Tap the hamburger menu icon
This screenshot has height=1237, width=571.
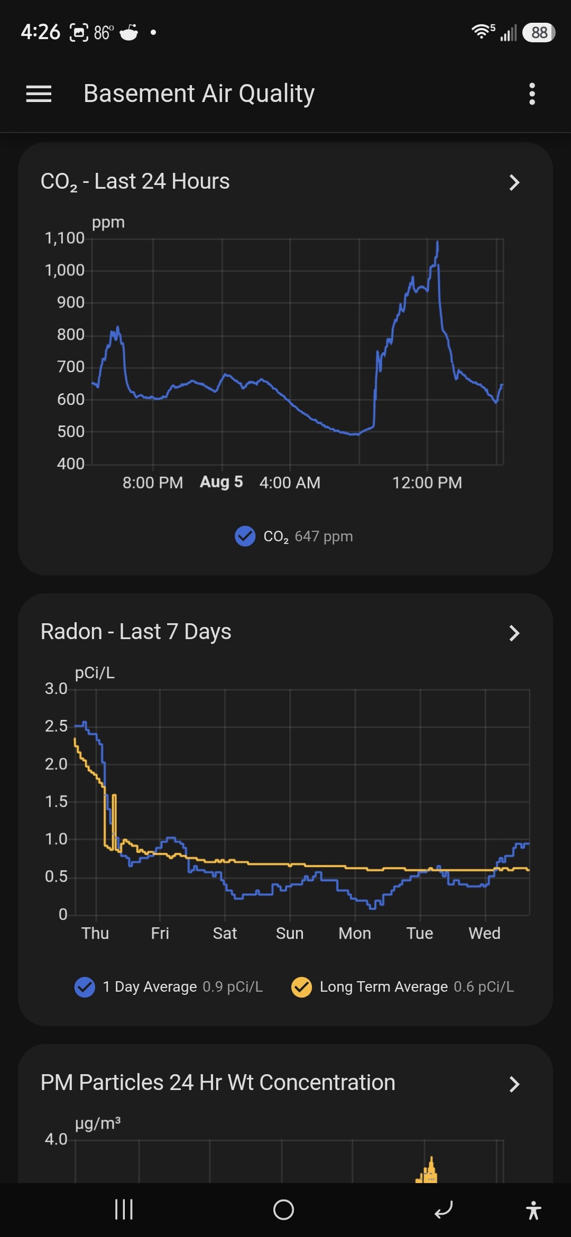39,94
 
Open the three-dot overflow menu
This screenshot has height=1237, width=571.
532,94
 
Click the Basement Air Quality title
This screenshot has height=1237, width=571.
199,94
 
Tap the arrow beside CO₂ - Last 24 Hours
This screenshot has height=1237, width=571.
514,182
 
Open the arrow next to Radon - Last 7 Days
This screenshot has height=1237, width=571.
514,633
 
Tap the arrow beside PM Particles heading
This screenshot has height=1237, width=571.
514,1084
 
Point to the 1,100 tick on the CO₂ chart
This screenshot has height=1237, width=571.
65,238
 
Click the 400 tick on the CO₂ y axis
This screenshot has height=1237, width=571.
71,464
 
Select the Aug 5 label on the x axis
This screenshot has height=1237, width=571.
221,482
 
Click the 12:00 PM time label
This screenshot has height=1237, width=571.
427,482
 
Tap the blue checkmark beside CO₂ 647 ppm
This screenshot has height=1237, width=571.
245,536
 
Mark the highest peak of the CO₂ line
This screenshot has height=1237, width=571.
437,242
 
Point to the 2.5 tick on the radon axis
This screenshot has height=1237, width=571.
56,726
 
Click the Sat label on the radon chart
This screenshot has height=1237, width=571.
225,933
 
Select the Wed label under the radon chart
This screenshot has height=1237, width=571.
484,933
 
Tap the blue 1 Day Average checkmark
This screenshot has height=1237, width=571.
85,987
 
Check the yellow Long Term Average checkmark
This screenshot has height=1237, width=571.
301,987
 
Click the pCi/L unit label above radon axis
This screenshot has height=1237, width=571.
95,672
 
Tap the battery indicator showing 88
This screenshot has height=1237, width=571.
538,33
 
